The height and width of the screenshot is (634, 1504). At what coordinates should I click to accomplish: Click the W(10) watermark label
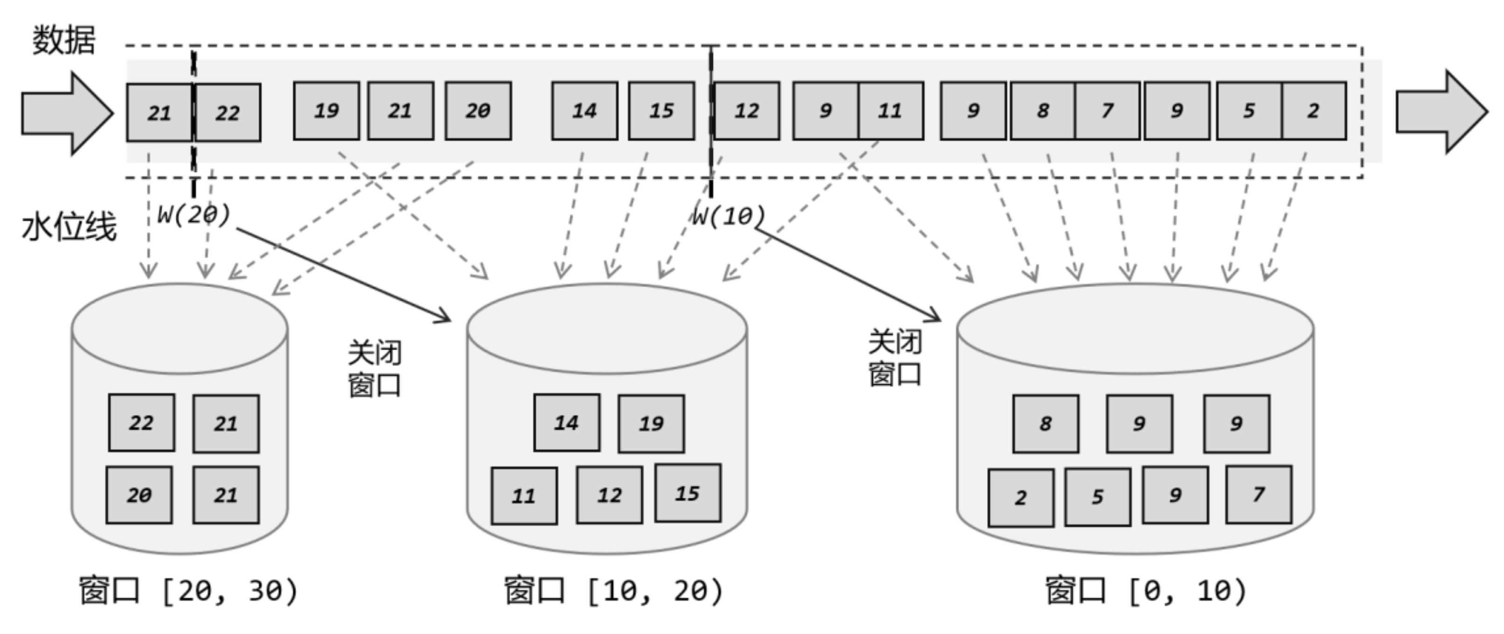point(728,216)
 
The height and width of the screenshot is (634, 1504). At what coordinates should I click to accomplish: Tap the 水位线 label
point(69,227)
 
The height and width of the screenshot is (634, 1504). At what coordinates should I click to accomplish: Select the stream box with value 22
point(228,112)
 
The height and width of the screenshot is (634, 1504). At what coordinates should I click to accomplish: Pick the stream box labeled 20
point(478,111)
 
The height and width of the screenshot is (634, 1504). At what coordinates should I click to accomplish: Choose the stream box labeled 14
point(584,111)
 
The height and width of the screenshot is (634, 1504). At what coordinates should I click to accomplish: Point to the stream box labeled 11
point(891,111)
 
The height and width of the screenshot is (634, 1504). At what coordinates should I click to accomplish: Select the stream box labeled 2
point(1313,111)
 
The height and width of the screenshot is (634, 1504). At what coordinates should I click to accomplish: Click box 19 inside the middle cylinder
point(651,423)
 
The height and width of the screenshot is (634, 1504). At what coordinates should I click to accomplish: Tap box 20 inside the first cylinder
point(139,495)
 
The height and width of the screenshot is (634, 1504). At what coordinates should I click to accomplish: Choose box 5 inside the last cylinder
point(1097,497)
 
